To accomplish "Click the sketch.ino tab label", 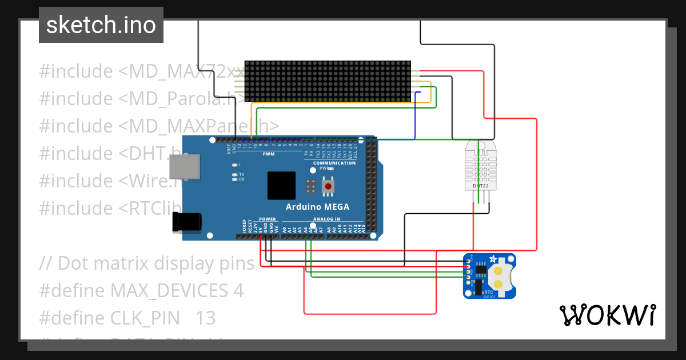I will click(101, 25).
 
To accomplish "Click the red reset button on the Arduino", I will click(328, 186).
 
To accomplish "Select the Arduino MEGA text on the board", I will click(317, 207).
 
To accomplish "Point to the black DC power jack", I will click(187, 222).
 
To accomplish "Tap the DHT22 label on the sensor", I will click(480, 186).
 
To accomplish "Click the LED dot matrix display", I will click(328, 81).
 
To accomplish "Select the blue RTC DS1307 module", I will click(489, 276).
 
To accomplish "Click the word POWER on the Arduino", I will click(267, 219).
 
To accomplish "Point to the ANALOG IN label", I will click(326, 219).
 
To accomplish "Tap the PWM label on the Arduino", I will click(269, 154).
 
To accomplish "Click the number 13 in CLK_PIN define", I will click(206, 318).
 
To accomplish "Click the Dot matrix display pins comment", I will click(147, 263).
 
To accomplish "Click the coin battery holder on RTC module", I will click(499, 277).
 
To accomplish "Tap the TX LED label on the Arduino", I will click(242, 174).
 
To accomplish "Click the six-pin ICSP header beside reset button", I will click(312, 186).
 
